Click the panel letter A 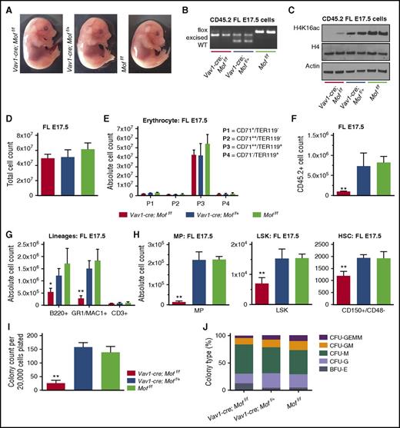click(x=6, y=7)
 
